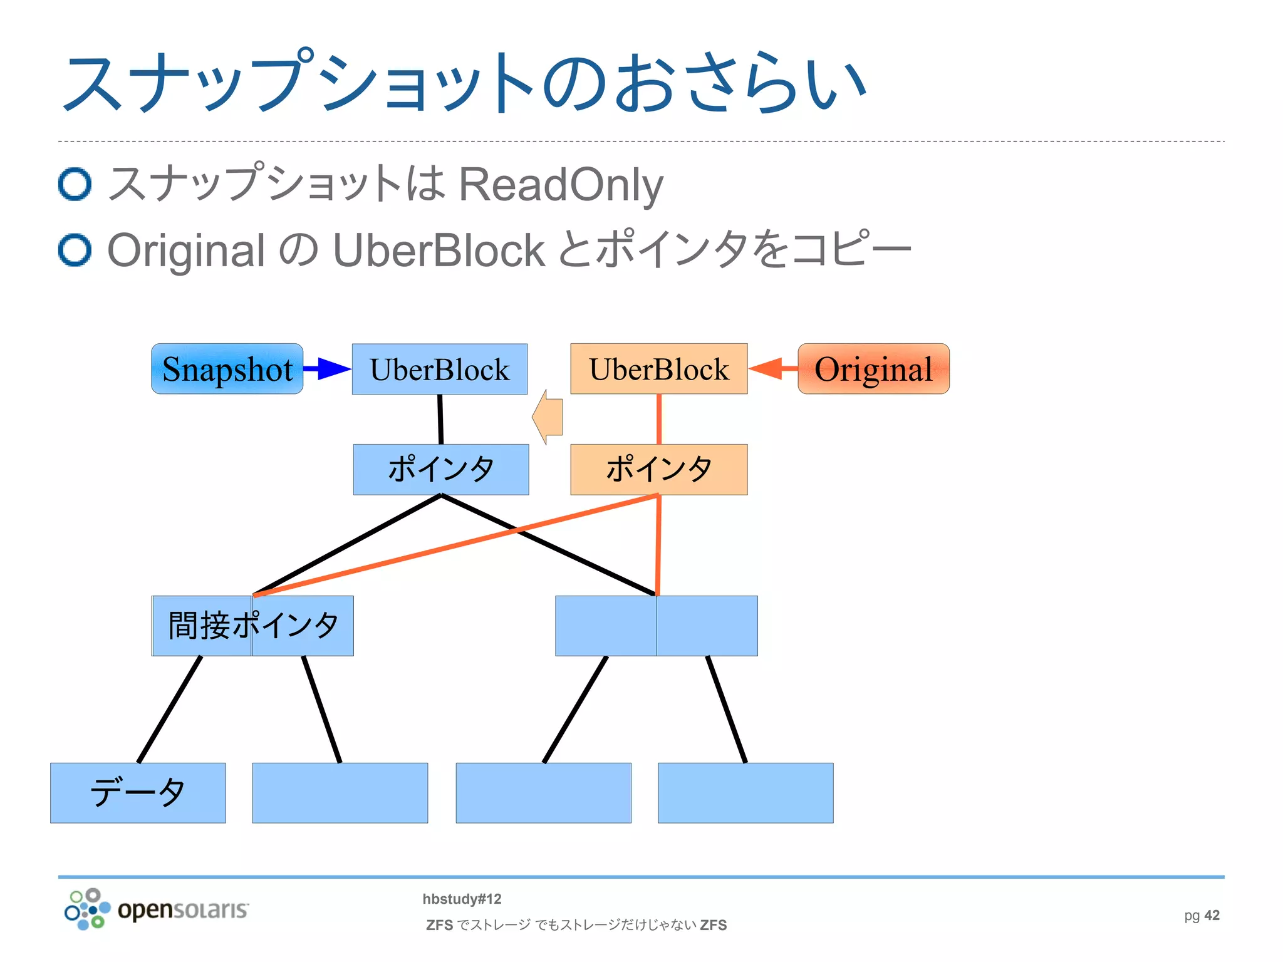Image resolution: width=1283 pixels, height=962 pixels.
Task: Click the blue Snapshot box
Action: (227, 369)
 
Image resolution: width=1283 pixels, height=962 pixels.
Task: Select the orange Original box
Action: (873, 369)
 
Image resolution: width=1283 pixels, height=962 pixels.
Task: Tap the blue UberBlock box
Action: (439, 369)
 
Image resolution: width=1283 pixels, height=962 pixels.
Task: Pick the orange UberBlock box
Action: (658, 369)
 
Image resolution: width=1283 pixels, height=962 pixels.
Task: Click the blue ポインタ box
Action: (440, 469)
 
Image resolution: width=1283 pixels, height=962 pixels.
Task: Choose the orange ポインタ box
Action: (658, 469)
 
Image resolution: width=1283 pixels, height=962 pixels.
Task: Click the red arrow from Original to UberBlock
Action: (772, 368)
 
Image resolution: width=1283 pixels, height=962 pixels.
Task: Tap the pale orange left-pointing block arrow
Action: (548, 417)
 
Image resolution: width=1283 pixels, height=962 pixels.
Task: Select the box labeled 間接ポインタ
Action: (252, 626)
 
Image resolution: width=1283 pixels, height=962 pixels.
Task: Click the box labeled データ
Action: (138, 792)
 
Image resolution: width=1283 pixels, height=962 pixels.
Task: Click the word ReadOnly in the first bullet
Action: (561, 185)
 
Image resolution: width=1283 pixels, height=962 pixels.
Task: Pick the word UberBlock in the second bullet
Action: (439, 251)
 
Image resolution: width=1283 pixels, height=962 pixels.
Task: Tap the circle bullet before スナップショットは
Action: (75, 184)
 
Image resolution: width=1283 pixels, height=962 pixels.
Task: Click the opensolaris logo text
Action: (182, 909)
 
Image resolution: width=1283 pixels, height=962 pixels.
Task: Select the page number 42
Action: (1212, 915)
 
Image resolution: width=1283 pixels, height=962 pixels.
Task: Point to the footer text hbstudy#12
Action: (462, 899)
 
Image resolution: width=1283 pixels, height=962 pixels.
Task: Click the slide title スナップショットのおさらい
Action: (464, 83)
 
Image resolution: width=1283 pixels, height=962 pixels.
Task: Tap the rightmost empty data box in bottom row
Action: (745, 792)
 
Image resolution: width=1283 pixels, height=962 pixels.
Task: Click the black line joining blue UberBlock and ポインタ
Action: (440, 419)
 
